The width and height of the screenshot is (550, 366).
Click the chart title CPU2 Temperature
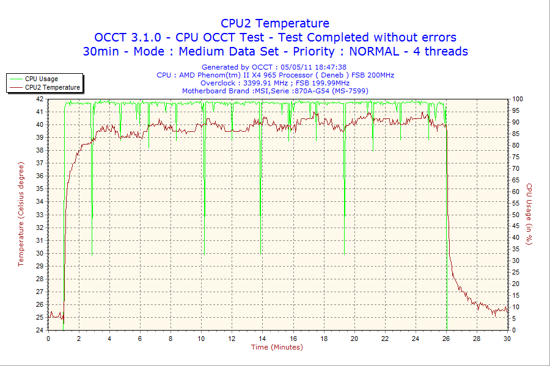click(275, 23)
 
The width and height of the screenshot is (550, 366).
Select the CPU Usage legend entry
click(41, 79)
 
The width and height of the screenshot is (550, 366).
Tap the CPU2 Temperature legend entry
click(52, 87)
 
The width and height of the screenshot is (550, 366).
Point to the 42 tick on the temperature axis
click(40, 99)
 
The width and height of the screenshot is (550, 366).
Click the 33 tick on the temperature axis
click(40, 215)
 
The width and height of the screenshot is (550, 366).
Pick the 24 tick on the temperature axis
click(40, 330)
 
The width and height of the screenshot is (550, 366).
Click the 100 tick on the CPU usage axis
click(517, 99)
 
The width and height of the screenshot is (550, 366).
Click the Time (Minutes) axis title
click(277, 347)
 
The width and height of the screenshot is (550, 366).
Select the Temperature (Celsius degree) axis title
click(21, 214)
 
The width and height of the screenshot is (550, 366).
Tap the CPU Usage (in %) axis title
click(529, 214)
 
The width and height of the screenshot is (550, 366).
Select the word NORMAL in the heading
click(370, 51)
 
